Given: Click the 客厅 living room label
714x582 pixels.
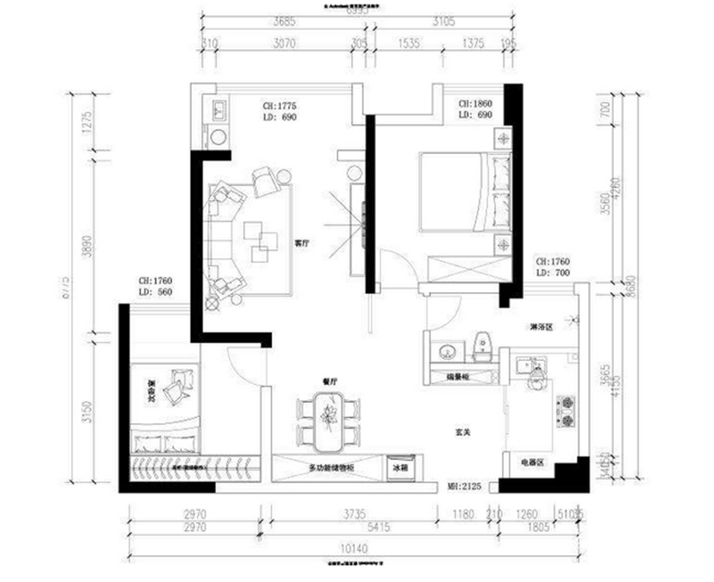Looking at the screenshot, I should pyautogui.click(x=302, y=242).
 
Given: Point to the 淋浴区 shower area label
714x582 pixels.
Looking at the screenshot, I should pyautogui.click(x=541, y=327).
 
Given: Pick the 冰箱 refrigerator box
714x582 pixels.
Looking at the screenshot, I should pyautogui.click(x=401, y=467).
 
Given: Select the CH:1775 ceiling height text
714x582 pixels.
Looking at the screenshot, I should pyautogui.click(x=278, y=105).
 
